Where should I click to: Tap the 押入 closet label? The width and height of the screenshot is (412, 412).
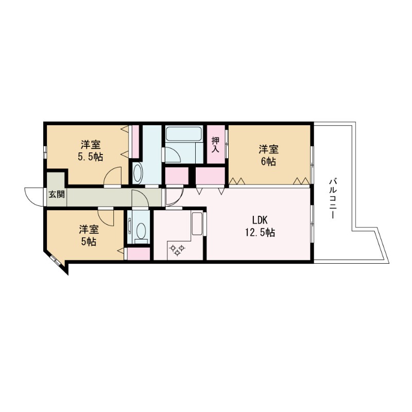click(216, 144)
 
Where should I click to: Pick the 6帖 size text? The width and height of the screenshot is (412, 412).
click(268, 162)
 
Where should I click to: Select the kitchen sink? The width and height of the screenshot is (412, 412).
click(197, 223)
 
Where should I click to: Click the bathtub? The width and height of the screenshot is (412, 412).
click(184, 135)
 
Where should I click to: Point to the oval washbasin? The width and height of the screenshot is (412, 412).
click(138, 174)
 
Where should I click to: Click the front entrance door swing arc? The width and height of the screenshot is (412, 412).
click(35, 196)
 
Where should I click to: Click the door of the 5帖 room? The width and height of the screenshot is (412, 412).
click(106, 217)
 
